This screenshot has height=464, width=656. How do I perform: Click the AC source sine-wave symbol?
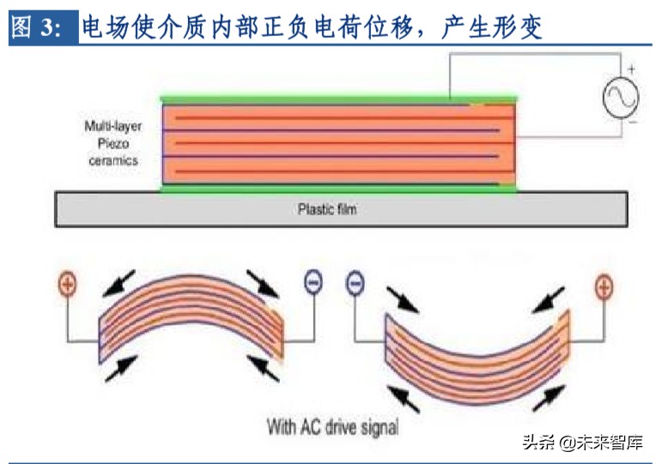coord(620,96)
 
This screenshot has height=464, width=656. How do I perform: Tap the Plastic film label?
coord(326,208)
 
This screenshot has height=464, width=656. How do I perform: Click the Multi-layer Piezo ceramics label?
coord(112,142)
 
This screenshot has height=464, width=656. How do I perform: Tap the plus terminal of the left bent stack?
coord(66,285)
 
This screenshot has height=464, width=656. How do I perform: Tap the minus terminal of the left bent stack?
coord(313,283)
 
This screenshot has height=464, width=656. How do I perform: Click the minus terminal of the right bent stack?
coord(354,283)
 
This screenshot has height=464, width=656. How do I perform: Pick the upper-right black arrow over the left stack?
coord(261,281)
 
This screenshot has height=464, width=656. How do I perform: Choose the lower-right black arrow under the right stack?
coord(550,395)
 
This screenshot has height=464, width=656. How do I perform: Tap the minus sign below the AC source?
coord(631,123)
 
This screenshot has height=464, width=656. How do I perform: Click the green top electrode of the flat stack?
coord(339,99)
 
